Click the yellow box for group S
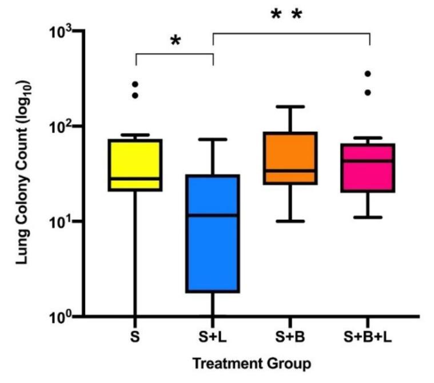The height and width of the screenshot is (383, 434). [136, 164]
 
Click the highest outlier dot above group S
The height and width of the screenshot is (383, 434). [136, 84]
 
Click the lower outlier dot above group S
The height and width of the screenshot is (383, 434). [136, 95]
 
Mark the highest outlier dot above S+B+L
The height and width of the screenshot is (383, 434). [368, 73]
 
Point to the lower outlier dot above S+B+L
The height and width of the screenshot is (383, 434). [368, 92]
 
